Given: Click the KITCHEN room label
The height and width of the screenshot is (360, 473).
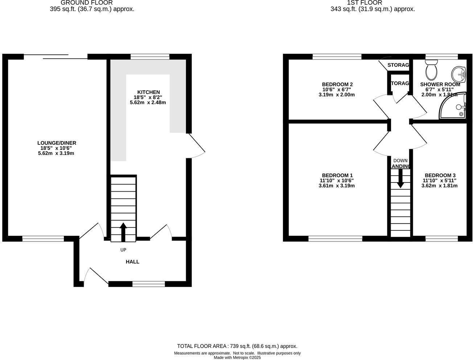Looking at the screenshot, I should pos(148,92).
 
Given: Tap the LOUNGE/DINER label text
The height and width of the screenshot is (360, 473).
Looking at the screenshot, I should pos(57,143).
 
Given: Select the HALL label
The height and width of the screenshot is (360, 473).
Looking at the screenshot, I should pos(132,262).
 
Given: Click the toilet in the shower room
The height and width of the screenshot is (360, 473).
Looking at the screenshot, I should pos(432,71).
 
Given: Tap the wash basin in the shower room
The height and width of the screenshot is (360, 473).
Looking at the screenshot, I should pos(458,74).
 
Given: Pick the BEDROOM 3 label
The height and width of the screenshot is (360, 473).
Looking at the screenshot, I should pos(440,175).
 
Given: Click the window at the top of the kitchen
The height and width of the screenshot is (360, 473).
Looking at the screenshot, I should pos(150,57).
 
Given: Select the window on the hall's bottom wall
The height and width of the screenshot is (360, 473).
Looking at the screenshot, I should pos(148,284).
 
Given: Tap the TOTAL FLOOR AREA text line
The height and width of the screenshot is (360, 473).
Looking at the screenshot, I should pos(237,346).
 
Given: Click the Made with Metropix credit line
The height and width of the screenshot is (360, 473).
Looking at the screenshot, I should pos(237,357).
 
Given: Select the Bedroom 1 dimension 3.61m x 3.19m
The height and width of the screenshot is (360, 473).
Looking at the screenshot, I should pos(336,186).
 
